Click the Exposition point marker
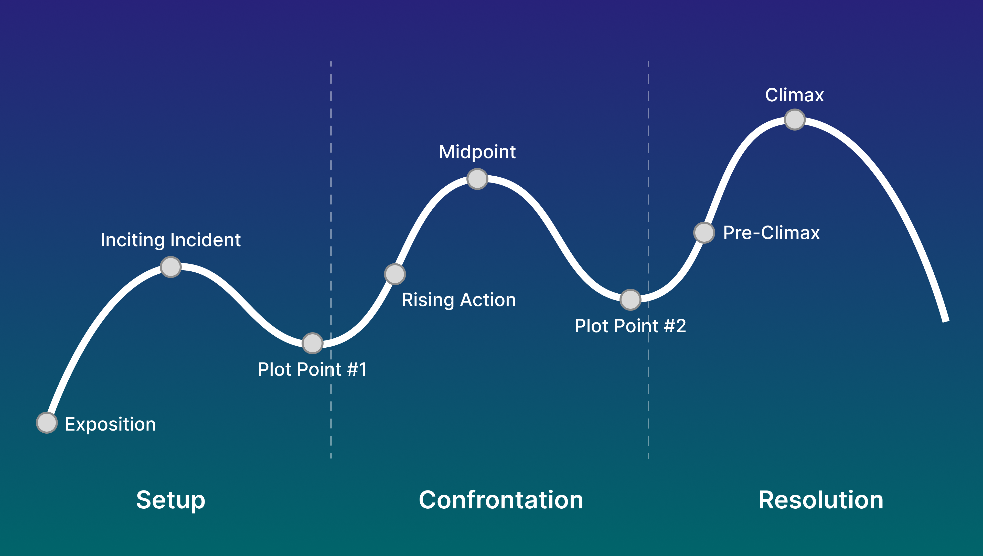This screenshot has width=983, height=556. tap(47, 423)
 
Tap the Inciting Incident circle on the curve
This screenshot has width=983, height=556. tap(171, 267)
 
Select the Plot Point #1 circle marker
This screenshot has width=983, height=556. tap(313, 343)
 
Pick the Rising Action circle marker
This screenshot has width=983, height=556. tap(395, 274)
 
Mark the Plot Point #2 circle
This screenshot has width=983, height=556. tap(630, 300)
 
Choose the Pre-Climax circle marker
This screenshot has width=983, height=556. tap(704, 232)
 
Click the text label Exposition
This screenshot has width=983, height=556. tap(110, 424)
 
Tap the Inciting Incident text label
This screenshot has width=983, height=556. tap(171, 240)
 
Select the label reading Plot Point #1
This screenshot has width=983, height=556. tap(312, 369)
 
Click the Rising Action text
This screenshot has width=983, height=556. tap(459, 300)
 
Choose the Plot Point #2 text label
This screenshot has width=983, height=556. tap(630, 326)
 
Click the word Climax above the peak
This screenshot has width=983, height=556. tap(794, 95)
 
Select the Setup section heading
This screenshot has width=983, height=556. tap(171, 500)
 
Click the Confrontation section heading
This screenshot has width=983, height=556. tap(501, 500)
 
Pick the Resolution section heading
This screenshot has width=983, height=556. tap(821, 500)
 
